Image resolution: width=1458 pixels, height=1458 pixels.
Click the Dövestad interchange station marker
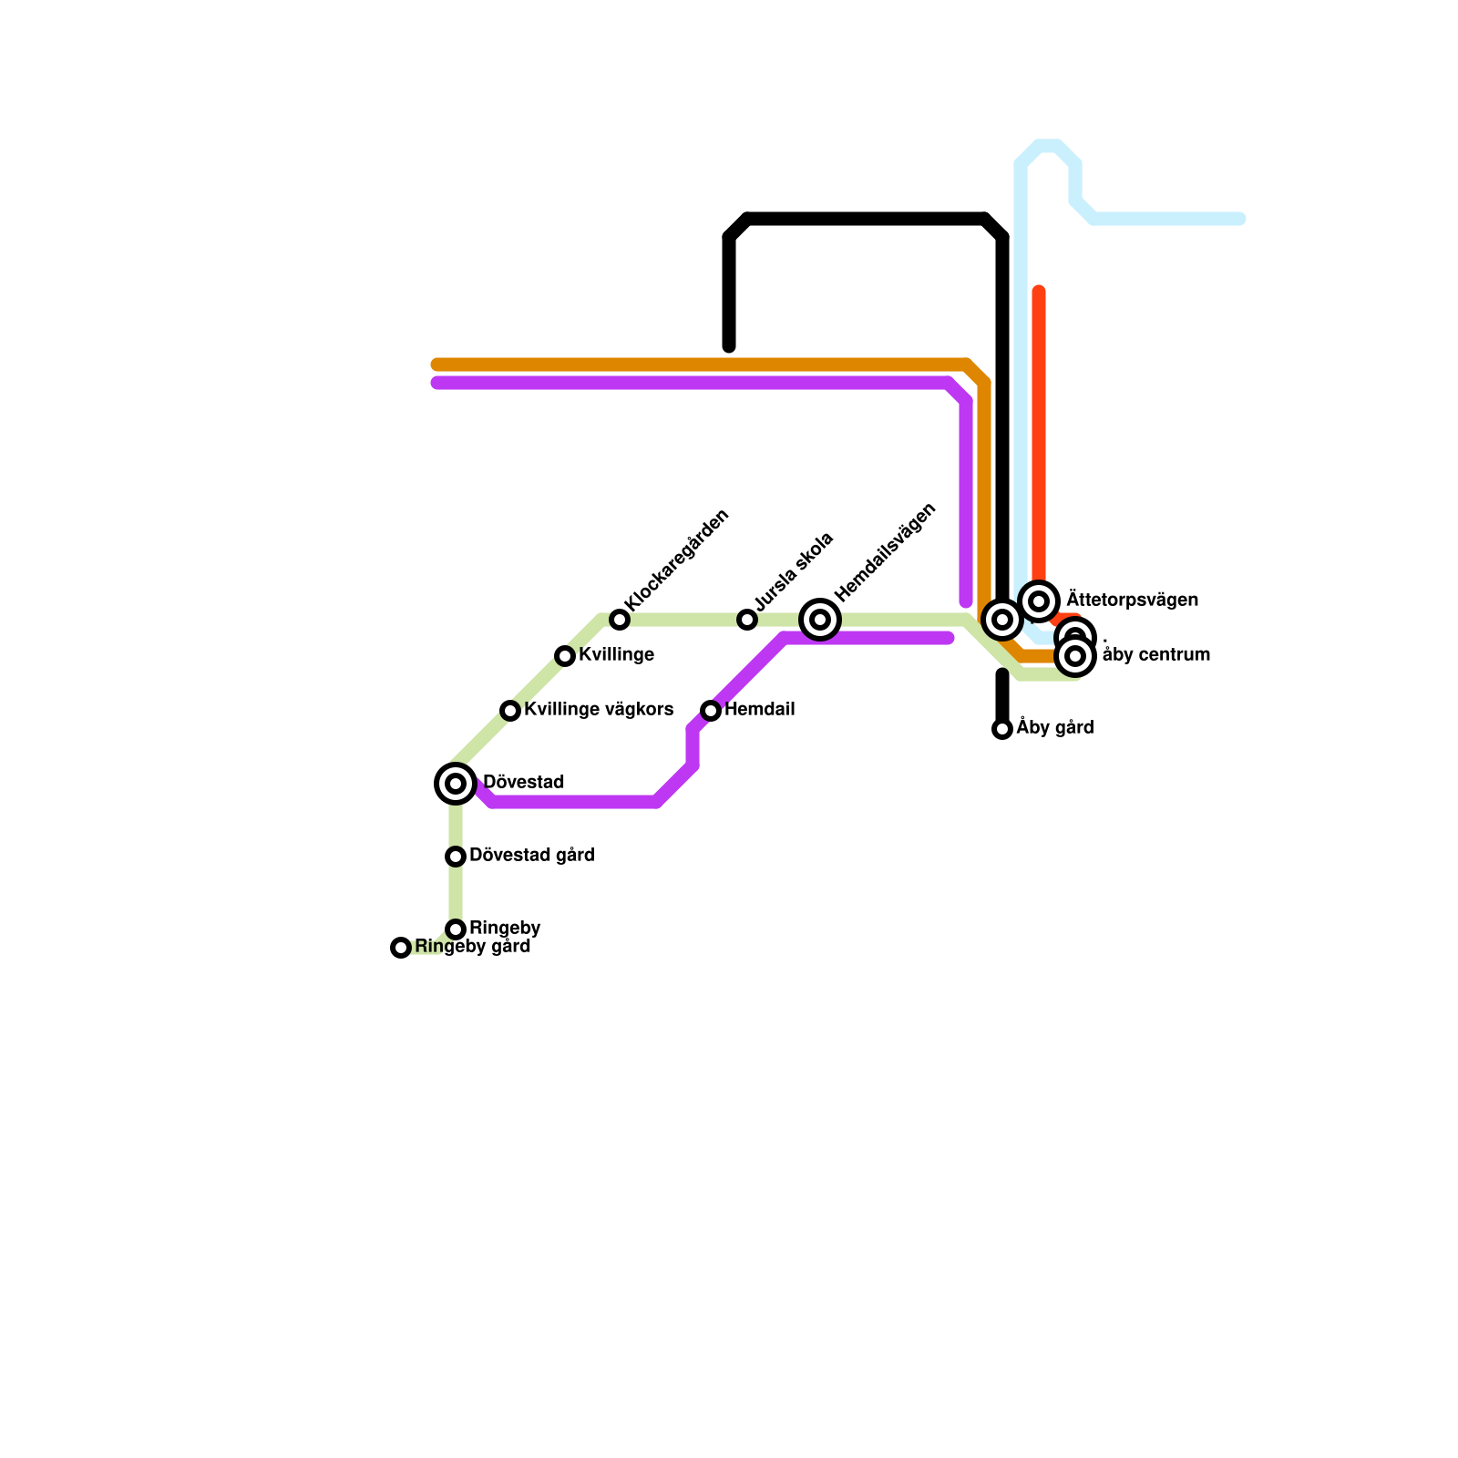pos(456,784)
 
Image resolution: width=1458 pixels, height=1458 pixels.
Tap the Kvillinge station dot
pos(565,656)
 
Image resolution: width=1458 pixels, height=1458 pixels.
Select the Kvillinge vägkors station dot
pos(510,711)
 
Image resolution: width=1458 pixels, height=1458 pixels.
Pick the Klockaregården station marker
pos(620,620)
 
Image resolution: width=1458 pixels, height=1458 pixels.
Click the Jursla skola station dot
pos(747,620)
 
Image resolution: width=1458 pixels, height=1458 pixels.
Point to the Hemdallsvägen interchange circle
pos(820,620)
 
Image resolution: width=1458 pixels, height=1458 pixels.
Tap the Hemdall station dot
pos(711,711)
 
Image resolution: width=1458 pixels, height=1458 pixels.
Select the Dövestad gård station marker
pos(456,857)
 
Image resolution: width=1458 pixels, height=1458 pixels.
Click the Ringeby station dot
pos(456,929)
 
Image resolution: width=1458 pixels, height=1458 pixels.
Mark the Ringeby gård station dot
pos(401,948)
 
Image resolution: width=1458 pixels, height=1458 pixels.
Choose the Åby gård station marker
pos(1002,729)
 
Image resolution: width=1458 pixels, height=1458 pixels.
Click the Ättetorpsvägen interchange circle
pos(1039,601)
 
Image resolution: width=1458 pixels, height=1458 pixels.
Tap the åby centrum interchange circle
pos(1076,655)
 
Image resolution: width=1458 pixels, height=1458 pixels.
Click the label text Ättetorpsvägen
pos(1132,601)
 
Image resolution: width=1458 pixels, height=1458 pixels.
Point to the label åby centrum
pos(1155,655)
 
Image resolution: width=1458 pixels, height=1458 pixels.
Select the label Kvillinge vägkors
pos(599,710)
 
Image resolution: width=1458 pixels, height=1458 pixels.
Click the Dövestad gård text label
pos(531,856)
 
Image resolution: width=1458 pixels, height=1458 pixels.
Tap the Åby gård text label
pos(1055,728)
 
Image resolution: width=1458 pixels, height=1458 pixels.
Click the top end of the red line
pos(1039,292)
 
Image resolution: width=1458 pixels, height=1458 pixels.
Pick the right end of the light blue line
pos(1240,219)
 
